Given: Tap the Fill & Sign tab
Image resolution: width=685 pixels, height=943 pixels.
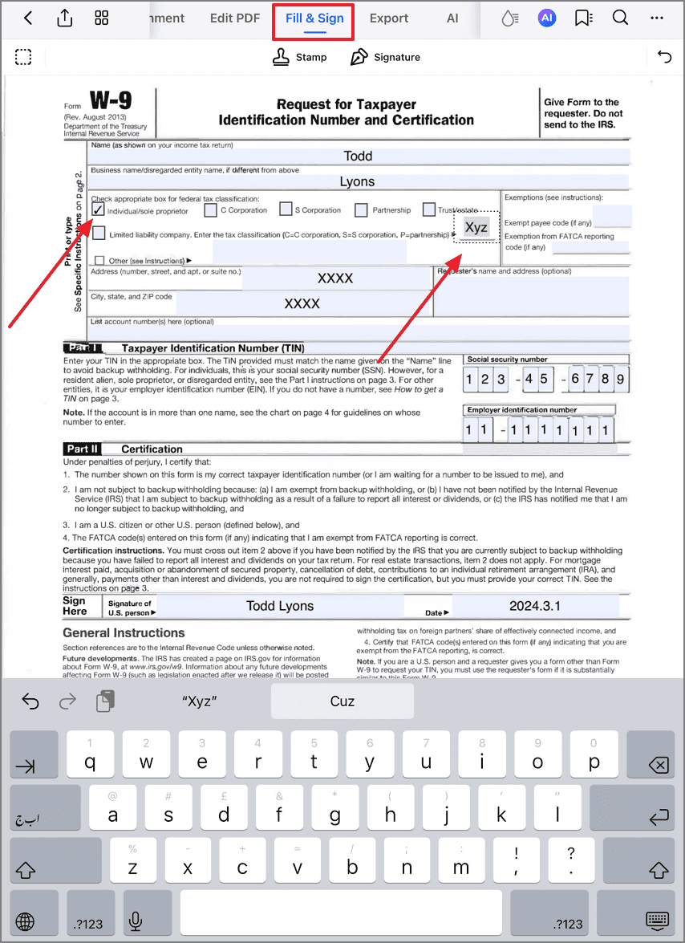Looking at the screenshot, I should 314,18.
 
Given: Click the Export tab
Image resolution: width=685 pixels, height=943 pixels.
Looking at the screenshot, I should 389,18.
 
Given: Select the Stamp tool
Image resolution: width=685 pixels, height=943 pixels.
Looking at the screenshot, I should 300,57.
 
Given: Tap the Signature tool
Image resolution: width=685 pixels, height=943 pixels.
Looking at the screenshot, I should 385,57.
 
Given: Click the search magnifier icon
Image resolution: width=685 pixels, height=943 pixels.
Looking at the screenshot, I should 620,18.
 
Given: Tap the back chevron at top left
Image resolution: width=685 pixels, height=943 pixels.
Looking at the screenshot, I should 28,18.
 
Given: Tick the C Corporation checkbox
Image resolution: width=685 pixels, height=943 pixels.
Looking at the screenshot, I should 210,210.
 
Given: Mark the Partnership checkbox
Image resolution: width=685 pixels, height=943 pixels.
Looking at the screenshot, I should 361,210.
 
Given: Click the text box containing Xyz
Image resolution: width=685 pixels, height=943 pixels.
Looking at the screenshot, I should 476,227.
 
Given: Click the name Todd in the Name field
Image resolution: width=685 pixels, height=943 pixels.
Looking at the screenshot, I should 358,156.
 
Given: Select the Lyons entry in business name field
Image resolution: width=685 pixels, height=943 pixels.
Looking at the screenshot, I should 357,181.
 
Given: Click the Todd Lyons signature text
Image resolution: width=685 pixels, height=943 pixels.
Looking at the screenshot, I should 280,606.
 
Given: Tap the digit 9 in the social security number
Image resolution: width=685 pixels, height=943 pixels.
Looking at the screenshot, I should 620,379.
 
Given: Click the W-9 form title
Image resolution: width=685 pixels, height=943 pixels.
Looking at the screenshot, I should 111,101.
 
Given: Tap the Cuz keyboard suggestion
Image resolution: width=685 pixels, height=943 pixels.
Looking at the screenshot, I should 342,701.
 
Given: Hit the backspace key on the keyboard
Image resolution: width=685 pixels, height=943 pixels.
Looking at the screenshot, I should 658,766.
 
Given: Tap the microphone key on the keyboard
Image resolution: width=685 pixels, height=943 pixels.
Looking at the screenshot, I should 136,923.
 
